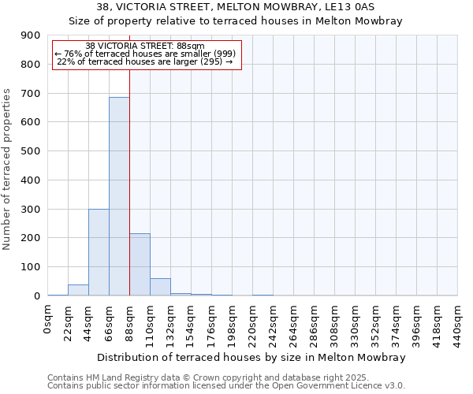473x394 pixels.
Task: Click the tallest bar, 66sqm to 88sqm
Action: click(x=119, y=196)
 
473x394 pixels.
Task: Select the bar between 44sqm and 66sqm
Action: click(x=99, y=252)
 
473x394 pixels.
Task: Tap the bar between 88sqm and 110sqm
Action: click(x=140, y=265)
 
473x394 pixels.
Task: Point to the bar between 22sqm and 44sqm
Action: click(x=78, y=290)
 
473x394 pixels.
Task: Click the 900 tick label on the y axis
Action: click(x=30, y=35)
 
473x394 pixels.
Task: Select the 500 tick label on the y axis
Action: click(x=30, y=151)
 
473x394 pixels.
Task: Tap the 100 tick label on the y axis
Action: click(x=30, y=267)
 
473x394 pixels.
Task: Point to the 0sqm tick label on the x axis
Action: click(x=47, y=319)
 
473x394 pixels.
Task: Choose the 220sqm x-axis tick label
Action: click(x=252, y=324)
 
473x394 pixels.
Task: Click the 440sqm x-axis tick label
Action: click(x=457, y=324)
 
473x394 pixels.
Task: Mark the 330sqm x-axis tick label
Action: click(x=355, y=324)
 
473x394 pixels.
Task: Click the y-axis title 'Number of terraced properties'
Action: click(x=8, y=169)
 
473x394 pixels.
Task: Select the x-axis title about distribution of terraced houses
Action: click(x=252, y=358)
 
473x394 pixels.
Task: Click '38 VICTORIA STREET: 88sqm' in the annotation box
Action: click(x=145, y=46)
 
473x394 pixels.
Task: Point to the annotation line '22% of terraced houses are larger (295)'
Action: click(x=145, y=61)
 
